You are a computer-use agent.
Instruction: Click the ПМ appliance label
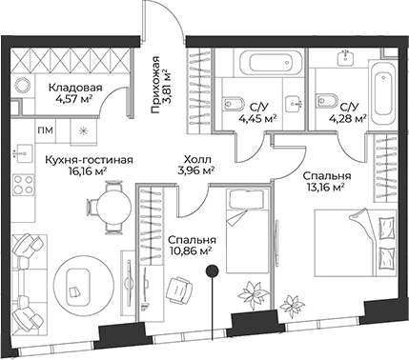coord(45,130)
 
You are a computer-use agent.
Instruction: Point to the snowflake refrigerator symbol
coord(83,130)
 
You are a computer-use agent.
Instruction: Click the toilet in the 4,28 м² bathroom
coord(321,104)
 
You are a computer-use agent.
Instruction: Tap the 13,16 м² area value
coord(324,188)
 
